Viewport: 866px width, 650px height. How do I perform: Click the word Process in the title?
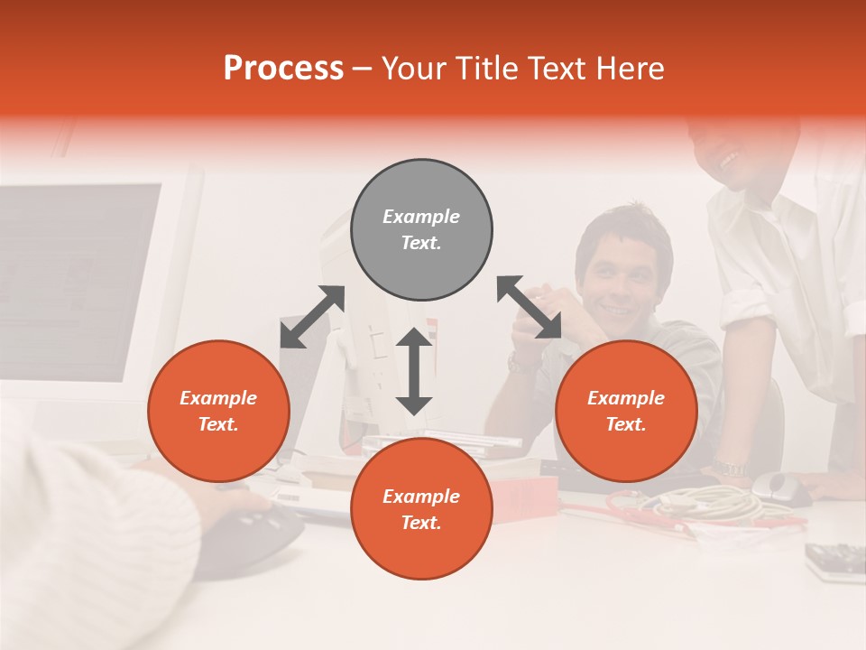coord(283,69)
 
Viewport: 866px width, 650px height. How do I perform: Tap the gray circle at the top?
coord(421,230)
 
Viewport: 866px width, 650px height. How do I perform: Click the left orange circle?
coord(218,411)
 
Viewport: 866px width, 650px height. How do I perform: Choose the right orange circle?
coord(626,411)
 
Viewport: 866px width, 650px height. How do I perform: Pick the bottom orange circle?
coord(421,509)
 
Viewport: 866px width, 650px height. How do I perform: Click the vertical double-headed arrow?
coord(414,371)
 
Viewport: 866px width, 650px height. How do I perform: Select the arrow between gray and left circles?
coord(312,317)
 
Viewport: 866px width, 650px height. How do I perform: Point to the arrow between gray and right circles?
coord(530,308)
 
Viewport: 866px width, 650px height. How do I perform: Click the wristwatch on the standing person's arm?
coord(727,469)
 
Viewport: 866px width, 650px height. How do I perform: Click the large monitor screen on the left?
coord(77,280)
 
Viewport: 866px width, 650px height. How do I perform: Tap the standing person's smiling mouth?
coord(729,160)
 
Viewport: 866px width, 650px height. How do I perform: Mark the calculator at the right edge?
coord(835,559)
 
